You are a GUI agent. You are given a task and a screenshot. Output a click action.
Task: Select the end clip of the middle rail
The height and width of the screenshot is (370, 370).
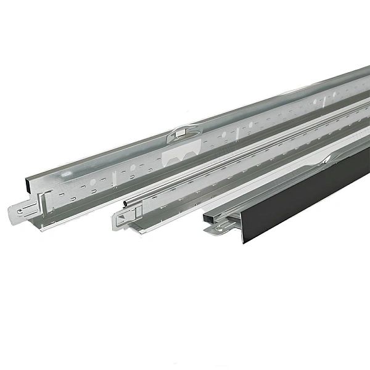pyautogui.click(x=123, y=218)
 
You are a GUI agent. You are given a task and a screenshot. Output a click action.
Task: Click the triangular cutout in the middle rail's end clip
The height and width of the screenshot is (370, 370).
pyautogui.click(x=126, y=216)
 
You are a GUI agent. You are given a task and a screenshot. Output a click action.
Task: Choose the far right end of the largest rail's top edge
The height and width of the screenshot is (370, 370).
pyautogui.click(x=369, y=66)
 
